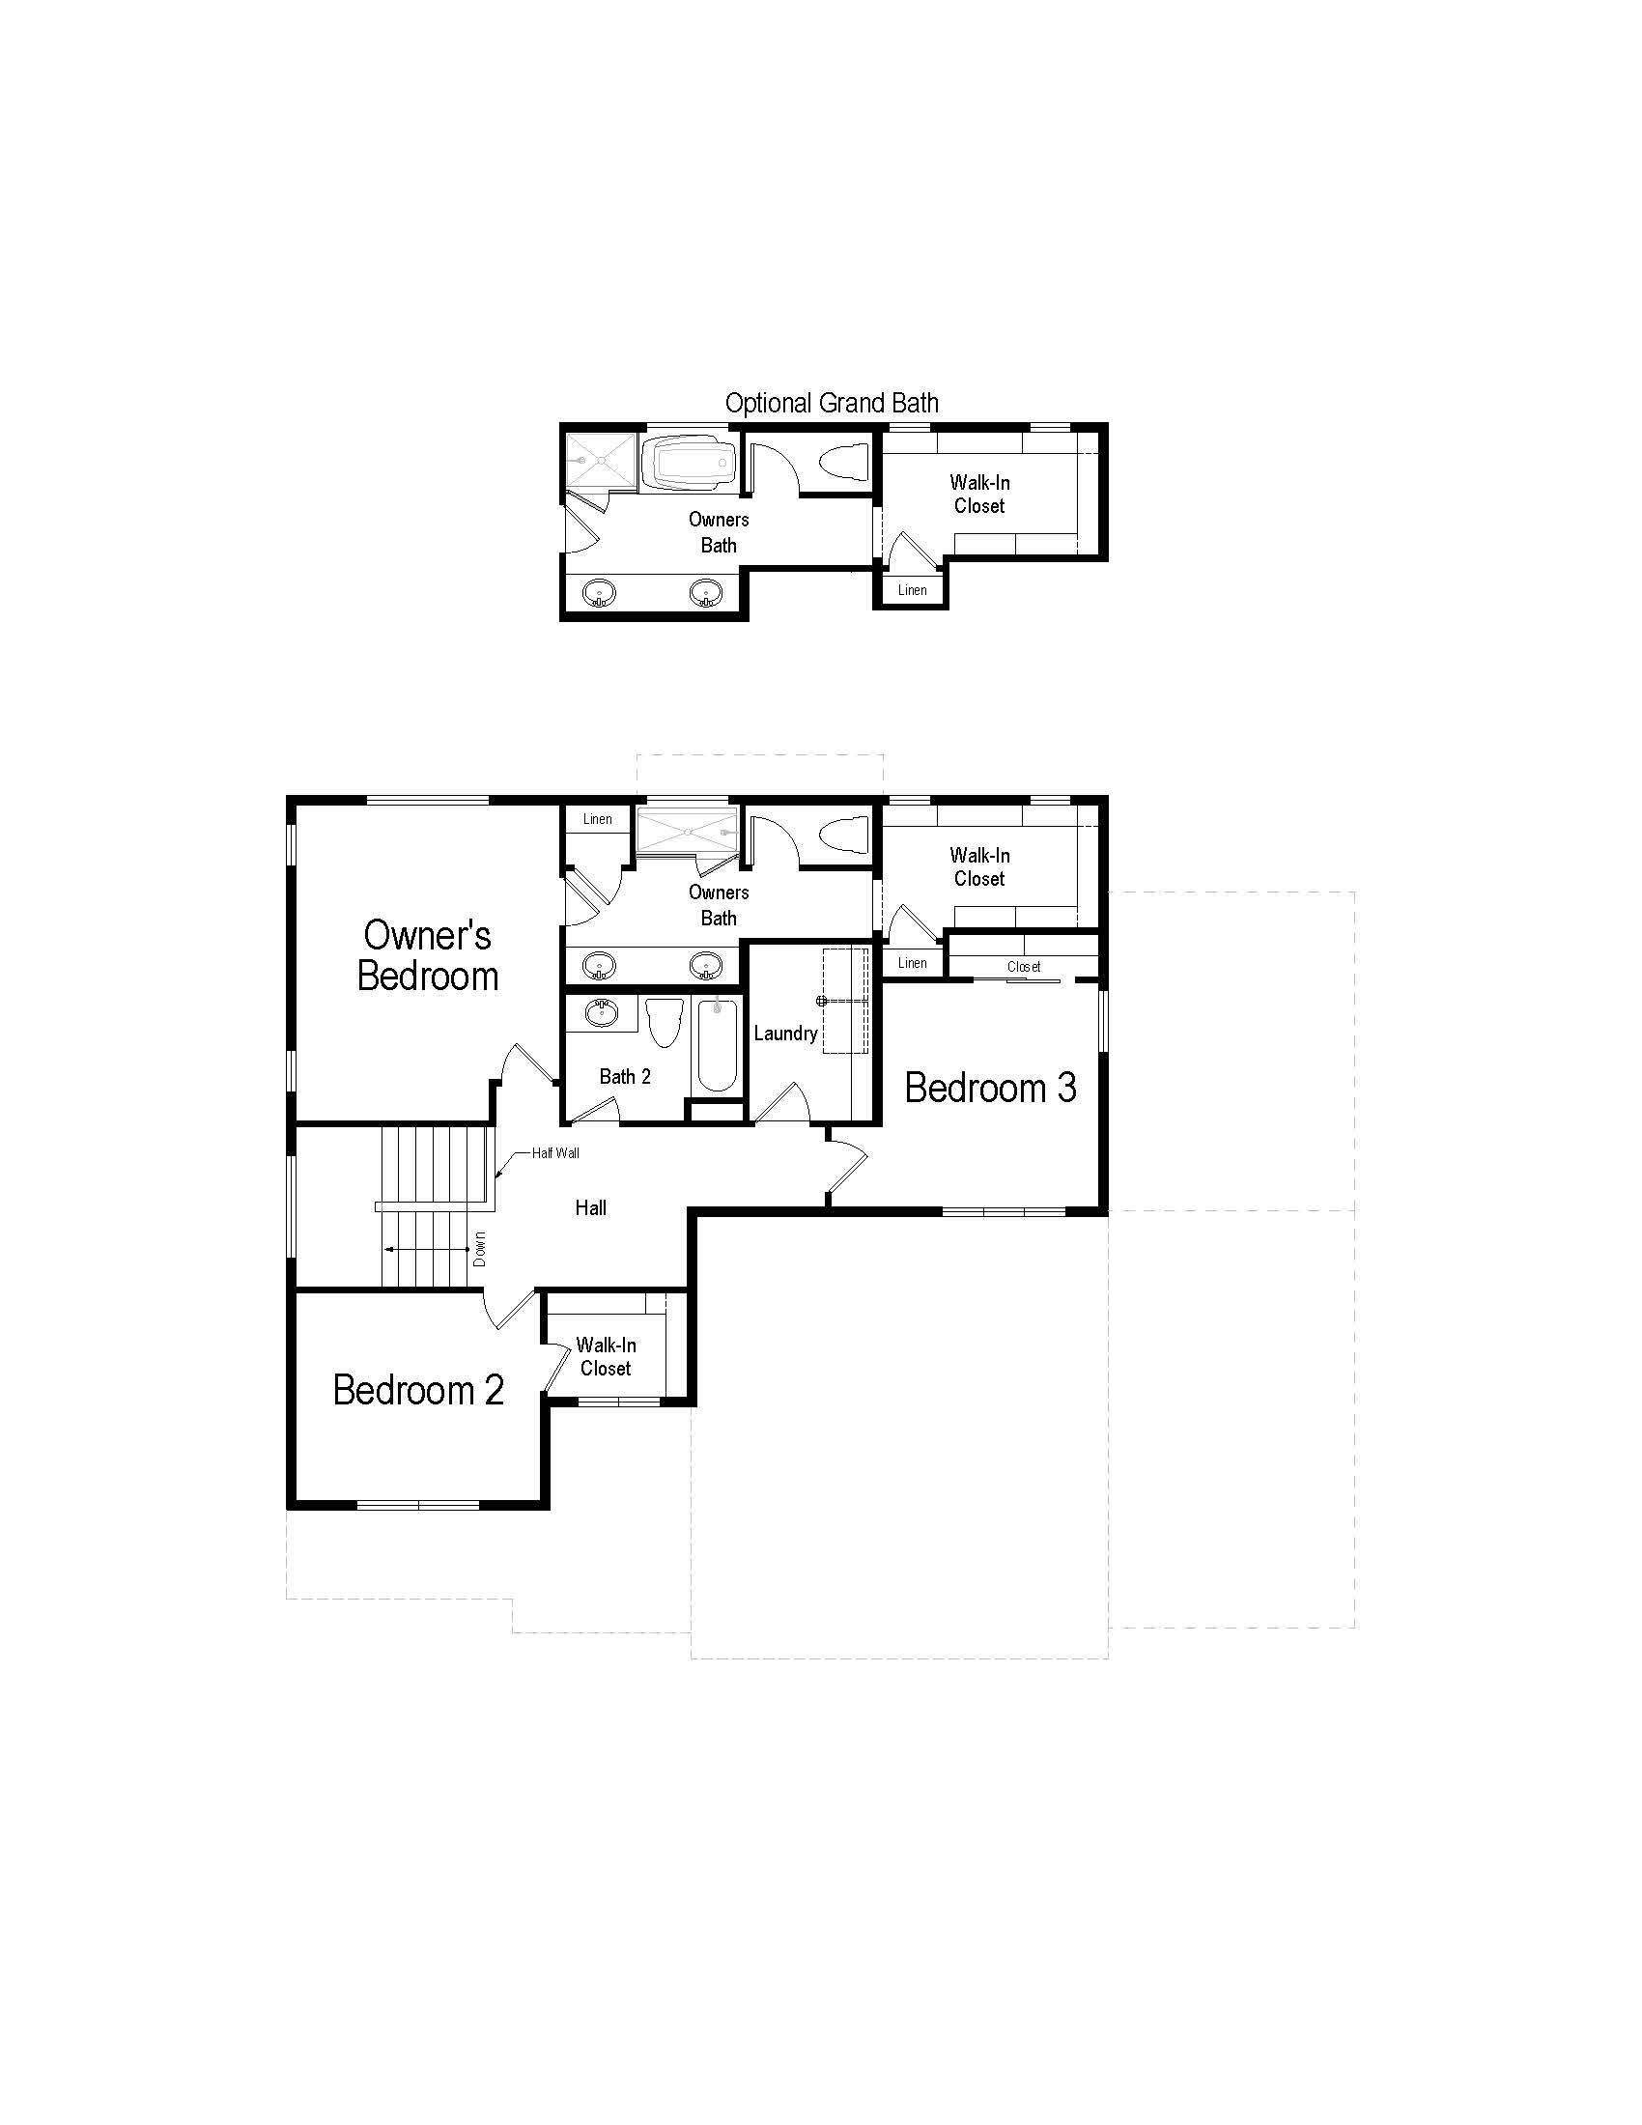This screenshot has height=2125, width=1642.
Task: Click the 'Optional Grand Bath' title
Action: click(832, 403)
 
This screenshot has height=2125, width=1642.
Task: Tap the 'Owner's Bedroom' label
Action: click(428, 955)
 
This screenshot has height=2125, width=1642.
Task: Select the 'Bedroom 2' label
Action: click(418, 1389)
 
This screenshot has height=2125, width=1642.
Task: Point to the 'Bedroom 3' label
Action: click(990, 1088)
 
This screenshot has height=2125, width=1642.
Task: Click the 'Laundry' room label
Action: click(785, 1034)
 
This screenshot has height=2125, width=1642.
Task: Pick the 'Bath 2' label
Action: click(625, 1076)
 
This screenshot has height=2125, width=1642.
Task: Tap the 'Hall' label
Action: click(590, 1207)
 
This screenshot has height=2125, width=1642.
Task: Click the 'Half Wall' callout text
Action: click(555, 1153)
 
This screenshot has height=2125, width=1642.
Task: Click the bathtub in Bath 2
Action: click(718, 1047)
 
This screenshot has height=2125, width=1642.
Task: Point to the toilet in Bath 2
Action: click(665, 1022)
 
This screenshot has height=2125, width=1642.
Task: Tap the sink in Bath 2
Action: click(601, 1013)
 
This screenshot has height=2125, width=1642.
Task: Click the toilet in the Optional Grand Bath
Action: click(843, 460)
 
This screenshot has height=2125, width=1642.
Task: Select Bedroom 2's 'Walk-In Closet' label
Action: click(606, 1356)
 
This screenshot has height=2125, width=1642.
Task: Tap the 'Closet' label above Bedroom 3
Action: click(1024, 966)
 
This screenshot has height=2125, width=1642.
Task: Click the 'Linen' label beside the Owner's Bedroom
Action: click(598, 819)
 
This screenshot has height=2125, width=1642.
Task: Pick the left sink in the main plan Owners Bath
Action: click(599, 966)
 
